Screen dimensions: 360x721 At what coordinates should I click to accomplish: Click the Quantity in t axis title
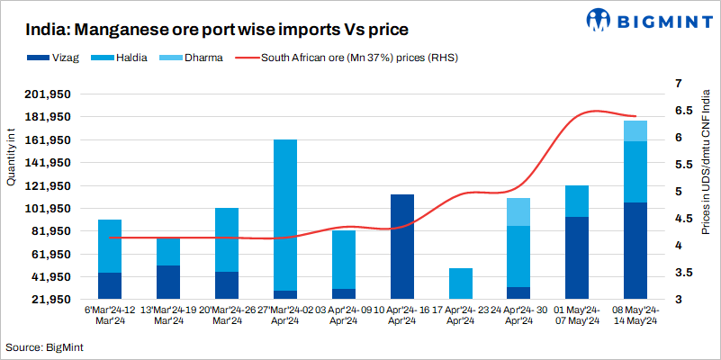[11, 157]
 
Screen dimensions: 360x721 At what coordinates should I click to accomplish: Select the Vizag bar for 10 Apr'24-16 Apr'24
[401, 246]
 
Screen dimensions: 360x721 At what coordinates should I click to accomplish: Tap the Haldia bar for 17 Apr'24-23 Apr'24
[460, 283]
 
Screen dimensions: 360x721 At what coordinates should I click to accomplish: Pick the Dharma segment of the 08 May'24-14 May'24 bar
[635, 130]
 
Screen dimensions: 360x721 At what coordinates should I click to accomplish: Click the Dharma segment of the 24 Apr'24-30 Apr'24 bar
[518, 211]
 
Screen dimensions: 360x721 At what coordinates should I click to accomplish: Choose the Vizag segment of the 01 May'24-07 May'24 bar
[577, 257]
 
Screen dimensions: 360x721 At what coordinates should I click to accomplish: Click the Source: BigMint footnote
[40, 346]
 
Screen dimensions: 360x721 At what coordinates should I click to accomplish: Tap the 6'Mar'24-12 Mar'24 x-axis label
[110, 315]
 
